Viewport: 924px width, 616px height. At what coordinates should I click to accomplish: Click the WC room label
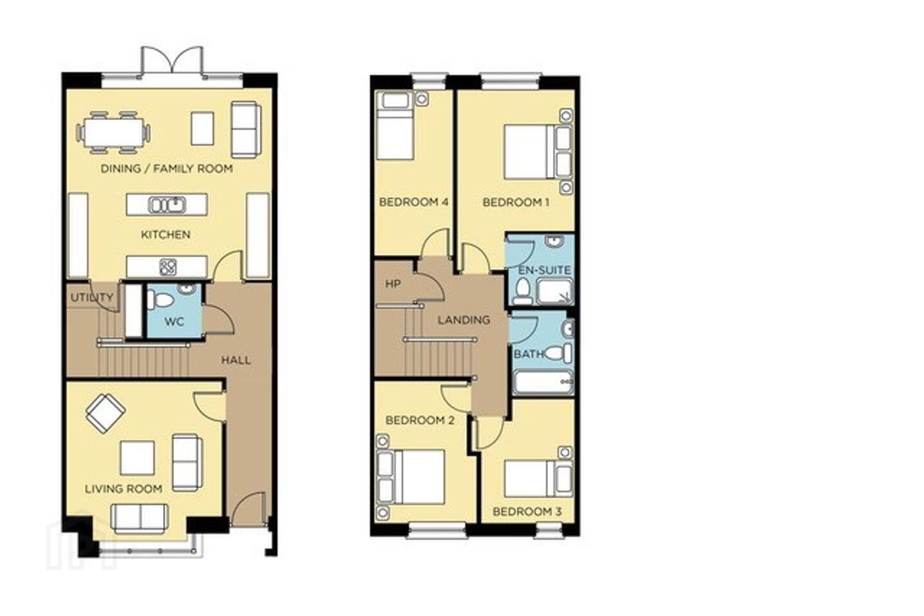(174, 322)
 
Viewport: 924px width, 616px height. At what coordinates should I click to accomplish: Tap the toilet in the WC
(161, 299)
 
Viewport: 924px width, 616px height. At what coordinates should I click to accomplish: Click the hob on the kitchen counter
(168, 267)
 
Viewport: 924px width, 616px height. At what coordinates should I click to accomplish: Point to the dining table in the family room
(113, 133)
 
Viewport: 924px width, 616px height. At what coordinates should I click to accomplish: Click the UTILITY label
(92, 298)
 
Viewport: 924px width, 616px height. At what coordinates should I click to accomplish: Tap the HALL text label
(236, 360)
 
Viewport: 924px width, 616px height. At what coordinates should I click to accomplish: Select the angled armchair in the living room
(106, 413)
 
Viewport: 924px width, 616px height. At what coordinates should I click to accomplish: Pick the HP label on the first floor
(393, 284)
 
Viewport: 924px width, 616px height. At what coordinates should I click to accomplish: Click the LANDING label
(464, 320)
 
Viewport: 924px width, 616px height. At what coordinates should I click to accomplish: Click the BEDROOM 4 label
(414, 202)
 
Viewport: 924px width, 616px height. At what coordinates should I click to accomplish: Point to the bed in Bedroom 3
(538, 479)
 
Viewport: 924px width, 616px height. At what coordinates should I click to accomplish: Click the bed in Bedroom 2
(411, 477)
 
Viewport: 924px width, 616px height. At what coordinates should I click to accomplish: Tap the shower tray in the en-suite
(555, 292)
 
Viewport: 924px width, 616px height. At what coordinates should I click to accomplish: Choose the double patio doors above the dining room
(172, 62)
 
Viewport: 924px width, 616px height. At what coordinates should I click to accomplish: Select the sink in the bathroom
(568, 329)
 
